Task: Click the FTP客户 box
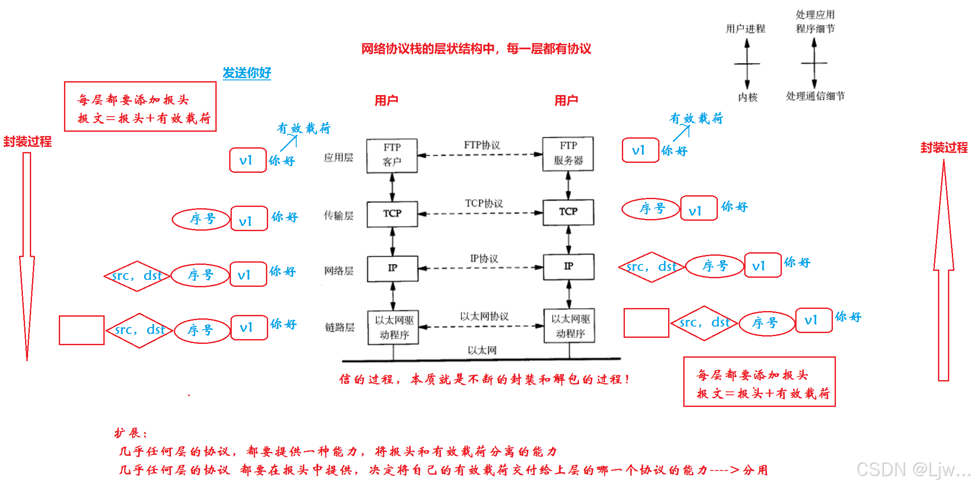pyautogui.click(x=392, y=156)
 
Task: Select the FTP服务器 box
pyautogui.click(x=568, y=154)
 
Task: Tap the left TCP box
pyautogui.click(x=392, y=214)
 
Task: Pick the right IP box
pyautogui.click(x=569, y=267)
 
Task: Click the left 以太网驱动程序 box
pyautogui.click(x=394, y=327)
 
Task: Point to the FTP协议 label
pyautogui.click(x=482, y=145)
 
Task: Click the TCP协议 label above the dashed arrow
pyautogui.click(x=484, y=203)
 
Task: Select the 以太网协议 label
pyautogui.click(x=484, y=317)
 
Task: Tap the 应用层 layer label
pyautogui.click(x=339, y=158)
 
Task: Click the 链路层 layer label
pyautogui.click(x=340, y=327)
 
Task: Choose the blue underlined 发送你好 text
pyautogui.click(x=247, y=73)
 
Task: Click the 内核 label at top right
pyautogui.click(x=748, y=97)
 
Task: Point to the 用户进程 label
pyautogui.click(x=746, y=29)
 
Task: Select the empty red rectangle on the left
pyautogui.click(x=82, y=330)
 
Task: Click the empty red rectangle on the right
pyautogui.click(x=647, y=323)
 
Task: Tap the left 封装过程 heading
pyautogui.click(x=27, y=141)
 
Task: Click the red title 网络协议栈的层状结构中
pyautogui.click(x=428, y=49)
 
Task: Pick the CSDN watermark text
pyautogui.click(x=913, y=469)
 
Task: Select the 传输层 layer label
pyautogui.click(x=339, y=216)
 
